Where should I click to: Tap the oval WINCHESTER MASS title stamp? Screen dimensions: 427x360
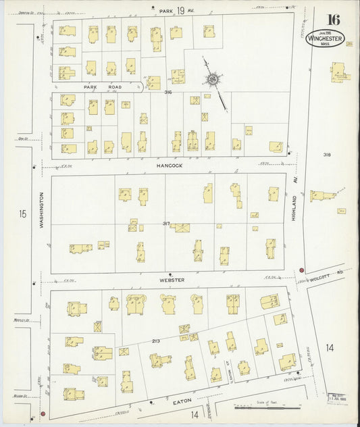pyautogui.click(x=325, y=38)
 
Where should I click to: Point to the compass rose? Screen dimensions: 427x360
pyautogui.click(x=213, y=80)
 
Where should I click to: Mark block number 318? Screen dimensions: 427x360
pyautogui.click(x=328, y=155)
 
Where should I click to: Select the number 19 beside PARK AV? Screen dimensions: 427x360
pyautogui.click(x=182, y=11)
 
